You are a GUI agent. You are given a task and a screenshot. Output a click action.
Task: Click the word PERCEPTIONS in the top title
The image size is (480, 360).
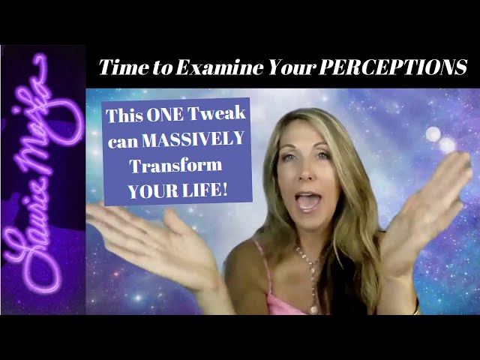click(x=393, y=67)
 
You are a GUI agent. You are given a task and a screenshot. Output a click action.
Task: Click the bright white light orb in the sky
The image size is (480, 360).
click(x=433, y=135)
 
